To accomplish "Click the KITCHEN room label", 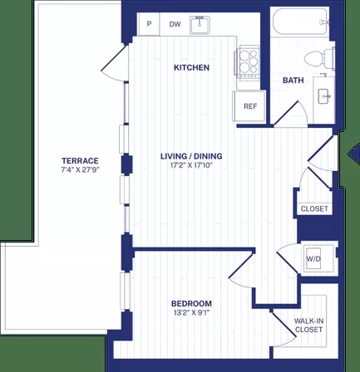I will point(190,67).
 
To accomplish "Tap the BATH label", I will point(293,81).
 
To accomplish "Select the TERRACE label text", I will point(81,160).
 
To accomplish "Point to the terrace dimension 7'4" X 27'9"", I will point(81,170).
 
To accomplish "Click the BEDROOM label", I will point(191,303).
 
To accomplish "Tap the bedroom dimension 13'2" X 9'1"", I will point(191,313).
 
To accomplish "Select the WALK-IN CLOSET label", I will point(308,325).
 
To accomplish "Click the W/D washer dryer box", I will point(314,257).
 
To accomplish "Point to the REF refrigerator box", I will point(249,106).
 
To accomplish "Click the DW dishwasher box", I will point(175,25).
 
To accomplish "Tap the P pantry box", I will point(150,25).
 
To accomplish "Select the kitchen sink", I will point(201,25).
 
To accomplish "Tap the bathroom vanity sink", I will point(324,97).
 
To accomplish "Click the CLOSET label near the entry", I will point(314,208).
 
